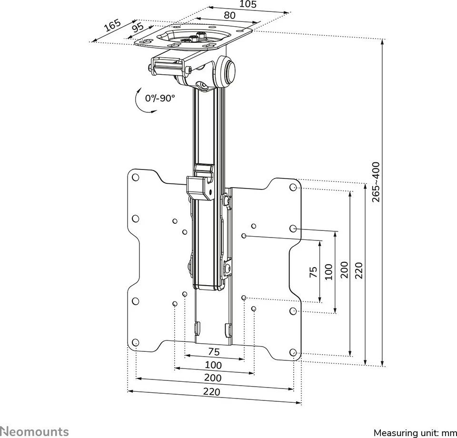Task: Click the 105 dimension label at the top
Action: pyautogui.click(x=248, y=5)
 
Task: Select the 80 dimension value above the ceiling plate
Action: pyautogui.click(x=229, y=15)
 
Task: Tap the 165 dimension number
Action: pyautogui.click(x=112, y=26)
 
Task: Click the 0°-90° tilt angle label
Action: pyautogui.click(x=160, y=98)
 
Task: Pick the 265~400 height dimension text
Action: pyautogui.click(x=376, y=182)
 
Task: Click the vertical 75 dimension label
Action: pyautogui.click(x=313, y=272)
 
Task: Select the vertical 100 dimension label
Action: pyautogui.click(x=328, y=272)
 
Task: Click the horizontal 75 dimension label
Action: pyautogui.click(x=214, y=352)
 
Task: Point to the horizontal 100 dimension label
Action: pyautogui.click(x=213, y=365)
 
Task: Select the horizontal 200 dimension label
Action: pyautogui.click(x=213, y=378)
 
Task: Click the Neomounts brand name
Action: pyautogui.click(x=34, y=432)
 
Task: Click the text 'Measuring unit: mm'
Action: pyautogui.click(x=415, y=433)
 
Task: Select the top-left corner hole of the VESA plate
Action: pyautogui.click(x=135, y=178)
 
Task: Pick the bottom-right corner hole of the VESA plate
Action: pyautogui.click(x=294, y=353)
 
